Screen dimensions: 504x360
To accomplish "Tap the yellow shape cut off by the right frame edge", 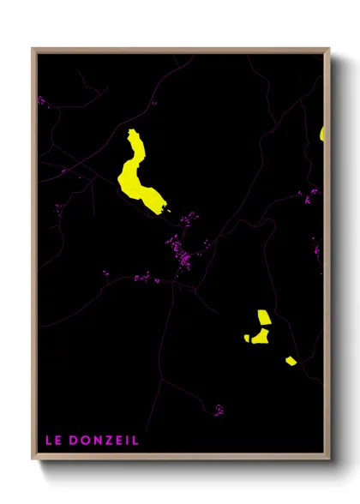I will (x=322, y=133).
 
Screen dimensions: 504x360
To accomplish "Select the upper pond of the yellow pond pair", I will (x=262, y=318).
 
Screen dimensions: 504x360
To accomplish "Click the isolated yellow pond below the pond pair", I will (x=291, y=361).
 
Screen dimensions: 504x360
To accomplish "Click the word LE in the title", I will (x=52, y=441).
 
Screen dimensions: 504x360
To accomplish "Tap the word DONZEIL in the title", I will (x=102, y=441).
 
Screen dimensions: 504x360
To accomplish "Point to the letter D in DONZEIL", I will (x=72, y=441).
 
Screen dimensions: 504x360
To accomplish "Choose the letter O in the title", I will (x=84, y=441).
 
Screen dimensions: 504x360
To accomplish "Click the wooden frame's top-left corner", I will (x=33, y=50).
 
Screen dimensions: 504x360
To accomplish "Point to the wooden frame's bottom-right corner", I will (x=328, y=459).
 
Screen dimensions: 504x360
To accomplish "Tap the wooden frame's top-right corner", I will (x=328, y=50).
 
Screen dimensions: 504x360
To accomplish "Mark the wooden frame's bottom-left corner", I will (x=33, y=459).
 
